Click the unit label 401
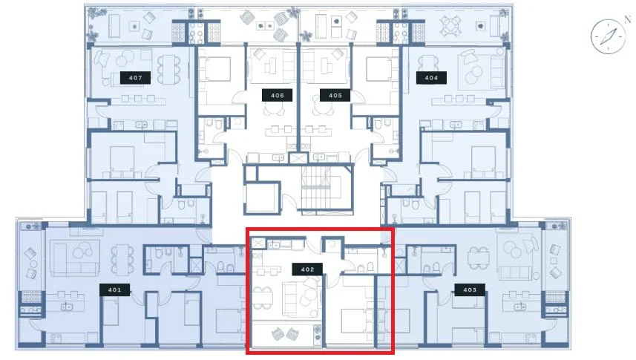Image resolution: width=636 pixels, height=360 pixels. [x=115, y=289]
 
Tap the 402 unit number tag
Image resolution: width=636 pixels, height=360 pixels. [x=307, y=269]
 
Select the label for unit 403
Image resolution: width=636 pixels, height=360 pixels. [x=470, y=289]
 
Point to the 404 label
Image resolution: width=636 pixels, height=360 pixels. [x=431, y=77]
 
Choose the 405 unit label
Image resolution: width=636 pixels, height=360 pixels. [x=335, y=95]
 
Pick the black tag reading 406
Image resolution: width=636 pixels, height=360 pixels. [x=278, y=95]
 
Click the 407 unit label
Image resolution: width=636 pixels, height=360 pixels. [x=136, y=77]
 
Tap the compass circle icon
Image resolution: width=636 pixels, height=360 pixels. [x=608, y=36]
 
